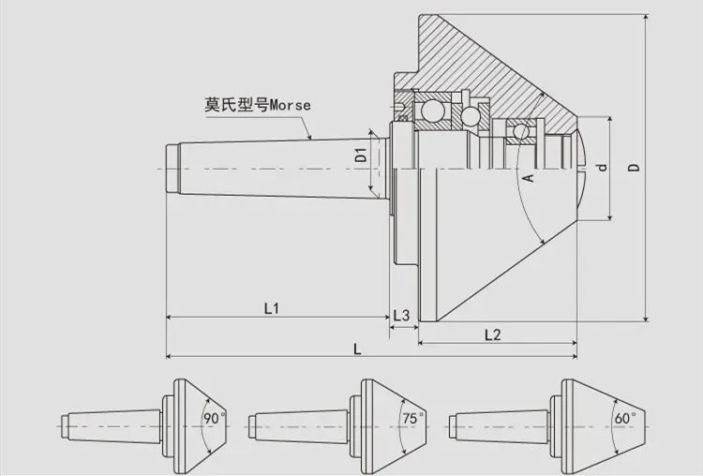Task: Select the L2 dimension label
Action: click(493, 335)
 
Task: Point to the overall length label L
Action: click(358, 349)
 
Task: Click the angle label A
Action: click(529, 178)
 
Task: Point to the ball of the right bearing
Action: click(518, 128)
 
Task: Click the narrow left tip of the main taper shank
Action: click(172, 167)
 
